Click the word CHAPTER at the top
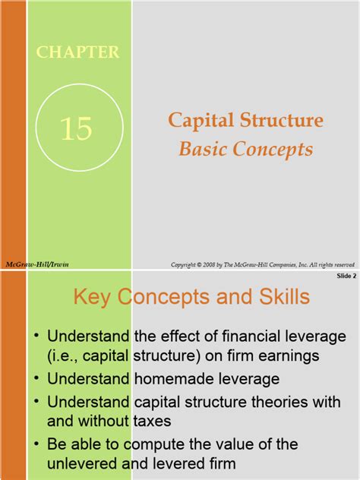click(x=77, y=52)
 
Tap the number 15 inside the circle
click(x=76, y=128)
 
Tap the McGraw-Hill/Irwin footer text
click(x=27, y=264)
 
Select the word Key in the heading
click(x=90, y=297)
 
